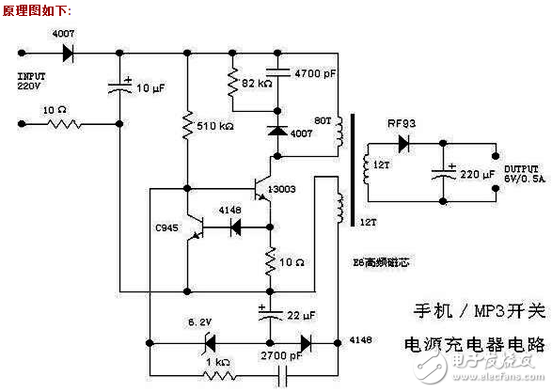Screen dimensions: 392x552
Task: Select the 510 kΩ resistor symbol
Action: tap(187, 121)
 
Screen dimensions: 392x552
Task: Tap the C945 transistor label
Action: tap(166, 227)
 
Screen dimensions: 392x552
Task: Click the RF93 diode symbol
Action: tap(405, 144)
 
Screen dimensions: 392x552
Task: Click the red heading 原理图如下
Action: tap(36, 10)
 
